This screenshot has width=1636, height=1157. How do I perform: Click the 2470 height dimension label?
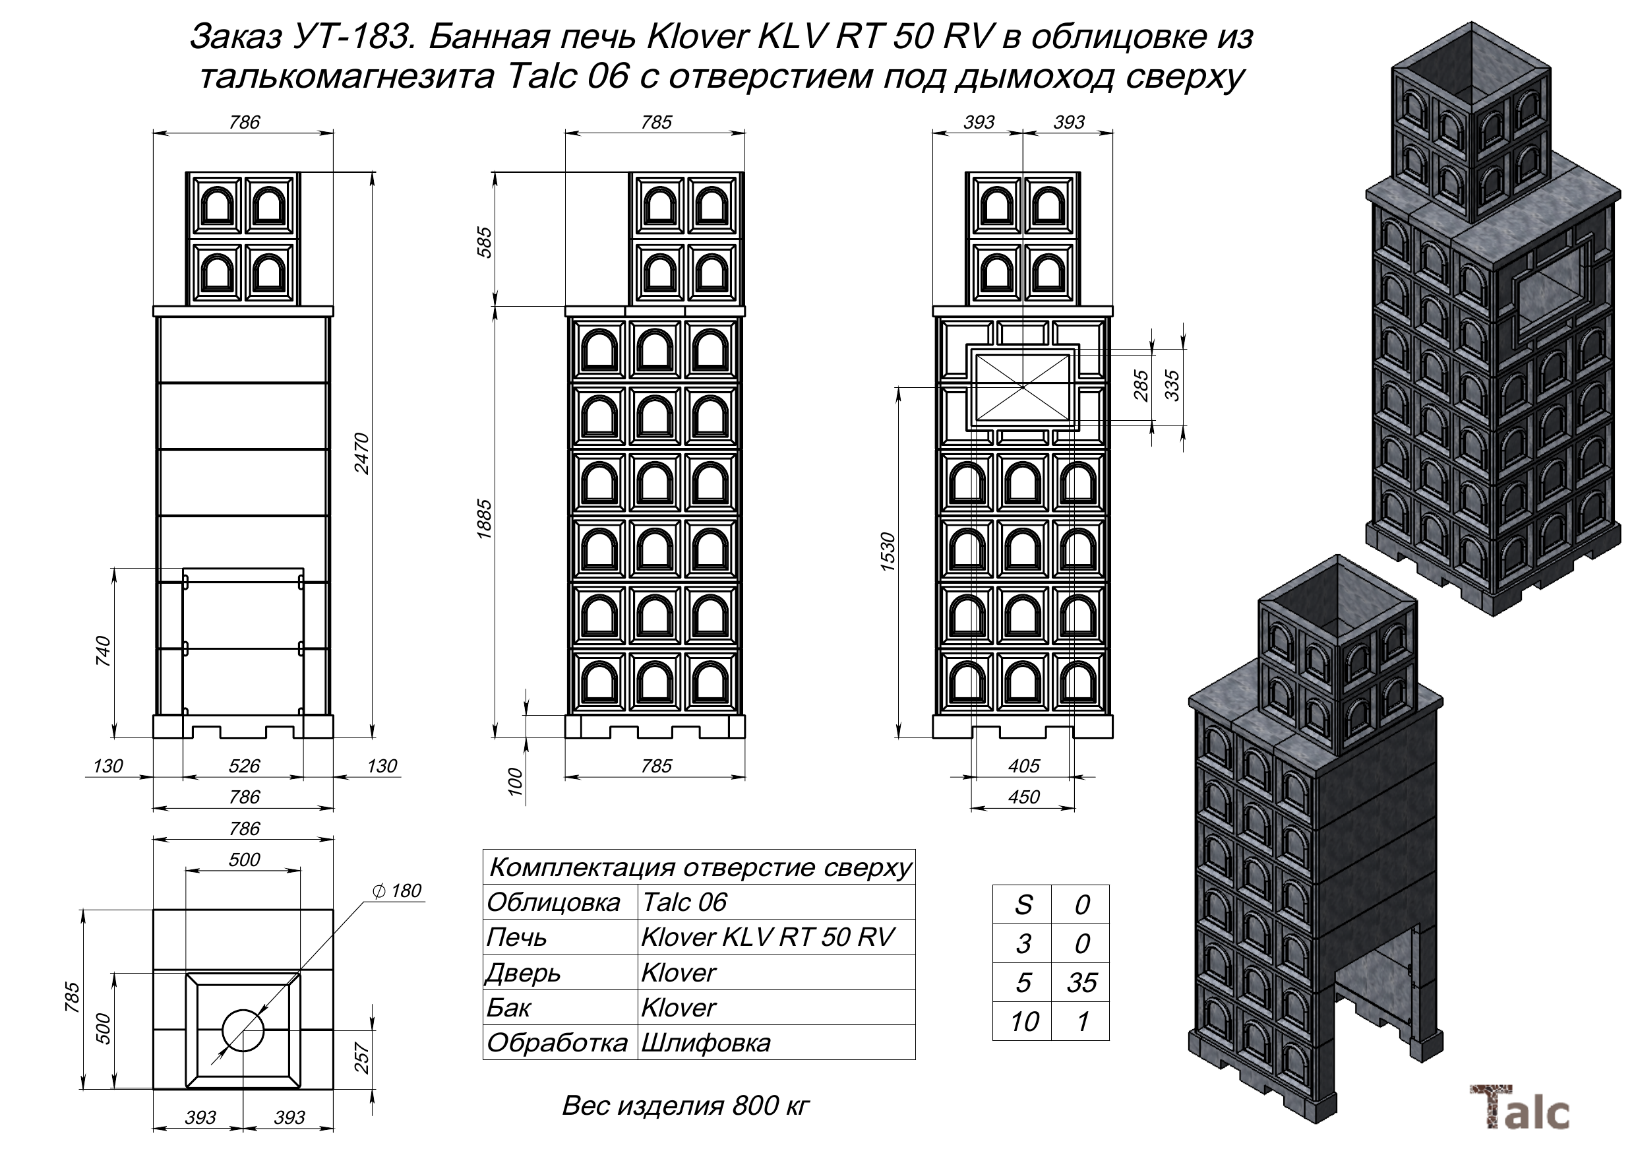point(362,453)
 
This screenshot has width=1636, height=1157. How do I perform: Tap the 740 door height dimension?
point(104,651)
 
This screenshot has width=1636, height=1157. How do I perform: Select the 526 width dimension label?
point(244,766)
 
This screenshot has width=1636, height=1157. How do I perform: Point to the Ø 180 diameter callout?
point(397,891)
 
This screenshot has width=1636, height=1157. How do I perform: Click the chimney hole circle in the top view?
point(243,1031)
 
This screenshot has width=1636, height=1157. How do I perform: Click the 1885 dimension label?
point(485,520)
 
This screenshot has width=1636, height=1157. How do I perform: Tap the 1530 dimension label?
point(888,551)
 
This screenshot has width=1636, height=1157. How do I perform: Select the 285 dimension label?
point(1141,386)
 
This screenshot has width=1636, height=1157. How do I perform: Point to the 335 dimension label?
point(1172,386)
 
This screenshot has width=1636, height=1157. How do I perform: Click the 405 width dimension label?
point(1023,766)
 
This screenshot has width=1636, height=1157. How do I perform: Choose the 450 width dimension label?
point(1023,797)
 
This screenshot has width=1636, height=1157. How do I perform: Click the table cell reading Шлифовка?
point(706,1044)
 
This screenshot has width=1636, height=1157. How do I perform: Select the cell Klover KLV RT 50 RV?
point(767,937)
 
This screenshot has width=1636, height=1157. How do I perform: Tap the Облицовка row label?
point(553,902)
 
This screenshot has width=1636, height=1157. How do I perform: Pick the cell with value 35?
point(1081,983)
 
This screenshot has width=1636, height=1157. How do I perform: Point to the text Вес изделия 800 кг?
point(686,1106)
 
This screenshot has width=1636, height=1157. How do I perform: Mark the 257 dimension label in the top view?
point(362,1058)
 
